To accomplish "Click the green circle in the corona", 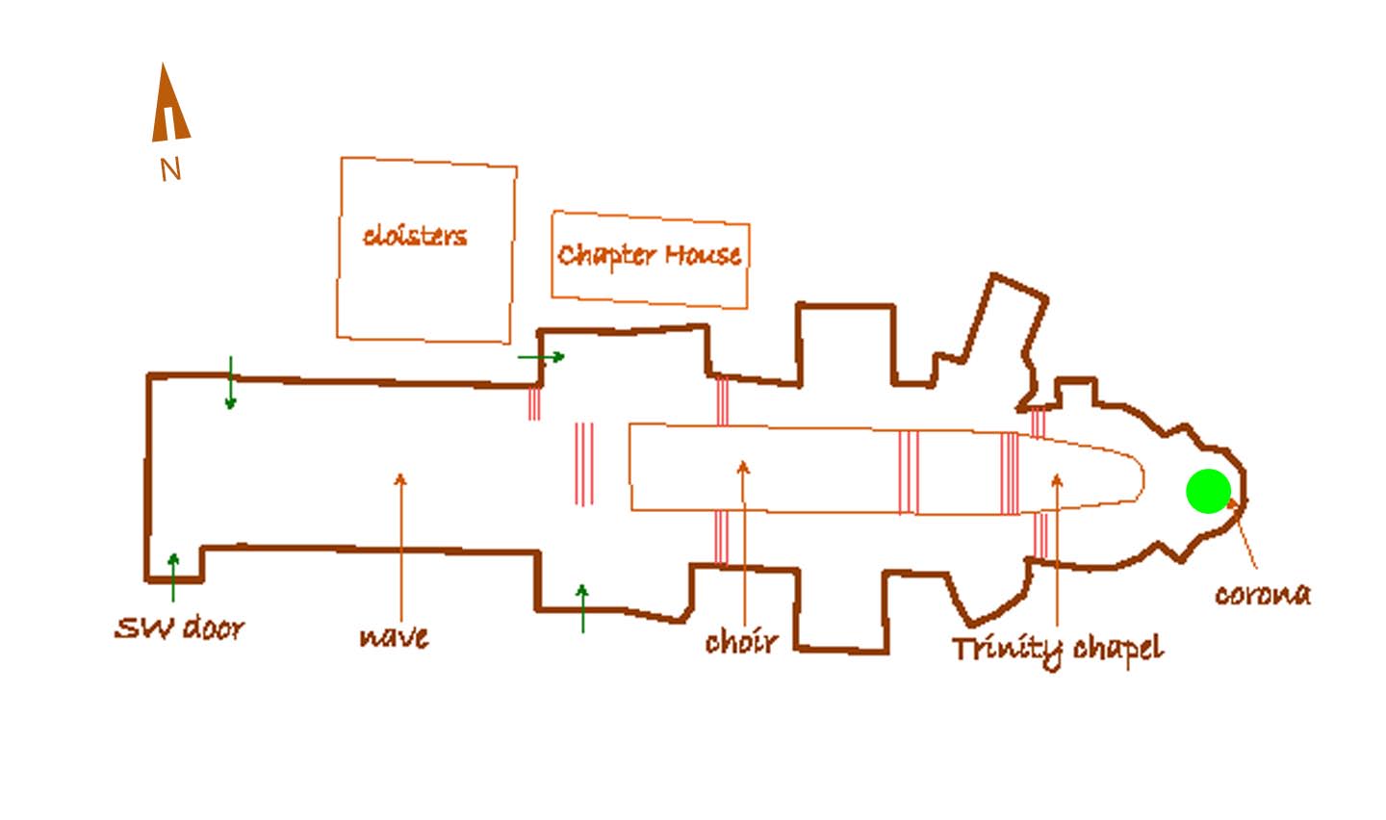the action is tap(1209, 492).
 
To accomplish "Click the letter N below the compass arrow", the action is tap(170, 169).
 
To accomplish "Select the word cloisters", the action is tap(415, 235).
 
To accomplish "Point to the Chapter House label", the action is tap(649, 254).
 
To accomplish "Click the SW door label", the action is tap(179, 628).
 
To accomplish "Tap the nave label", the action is tap(395, 637).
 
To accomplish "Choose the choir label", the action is tap(741, 642).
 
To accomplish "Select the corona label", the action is tap(1263, 595).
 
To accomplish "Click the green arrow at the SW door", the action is tap(173, 577).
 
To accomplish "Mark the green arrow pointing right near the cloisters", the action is tap(541, 356).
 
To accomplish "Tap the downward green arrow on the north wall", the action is tap(230, 382).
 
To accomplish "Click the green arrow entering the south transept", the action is tap(582, 608).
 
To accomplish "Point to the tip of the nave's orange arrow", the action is tap(401, 474).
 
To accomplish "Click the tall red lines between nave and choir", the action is tap(583, 464).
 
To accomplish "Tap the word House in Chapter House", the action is tap(703, 254).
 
